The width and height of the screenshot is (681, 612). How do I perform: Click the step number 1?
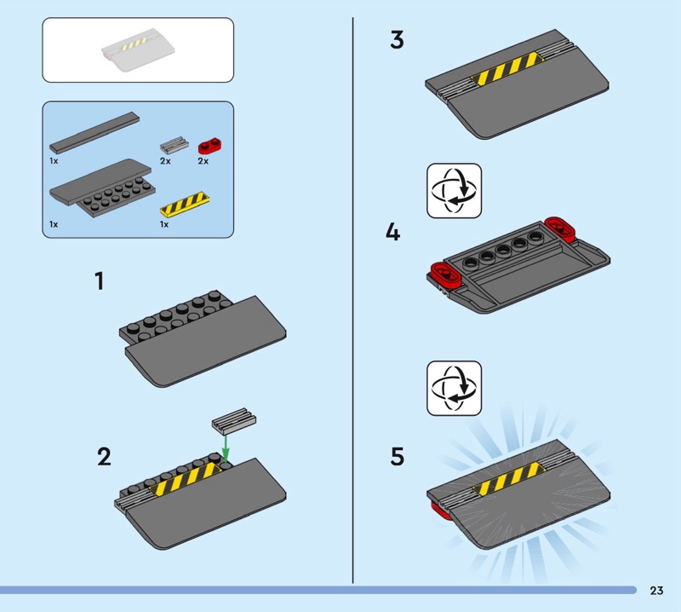click(100, 281)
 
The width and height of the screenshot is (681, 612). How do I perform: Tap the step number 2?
click(104, 457)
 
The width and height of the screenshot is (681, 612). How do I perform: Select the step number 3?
click(397, 40)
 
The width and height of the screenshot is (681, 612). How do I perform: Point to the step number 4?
click(393, 232)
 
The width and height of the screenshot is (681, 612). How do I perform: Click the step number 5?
click(398, 457)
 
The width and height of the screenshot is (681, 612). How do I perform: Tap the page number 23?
click(656, 590)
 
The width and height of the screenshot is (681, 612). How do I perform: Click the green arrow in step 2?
click(226, 449)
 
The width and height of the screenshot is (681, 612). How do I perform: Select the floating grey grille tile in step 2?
click(233, 421)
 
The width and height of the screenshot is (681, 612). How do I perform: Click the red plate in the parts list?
click(209, 146)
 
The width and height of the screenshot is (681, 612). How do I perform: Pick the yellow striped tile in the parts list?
click(185, 204)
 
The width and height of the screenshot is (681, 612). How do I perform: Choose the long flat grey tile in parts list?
click(94, 133)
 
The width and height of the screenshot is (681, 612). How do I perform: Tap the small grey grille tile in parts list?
click(175, 145)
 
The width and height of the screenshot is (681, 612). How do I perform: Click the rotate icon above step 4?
click(455, 191)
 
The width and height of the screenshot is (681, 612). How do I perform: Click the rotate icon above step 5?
click(455, 388)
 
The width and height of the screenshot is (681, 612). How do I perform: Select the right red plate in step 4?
click(560, 228)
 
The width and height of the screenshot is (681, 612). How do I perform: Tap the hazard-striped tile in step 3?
click(507, 68)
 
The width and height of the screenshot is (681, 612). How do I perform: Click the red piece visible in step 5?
click(441, 511)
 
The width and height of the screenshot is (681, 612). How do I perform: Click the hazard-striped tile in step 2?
click(186, 478)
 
